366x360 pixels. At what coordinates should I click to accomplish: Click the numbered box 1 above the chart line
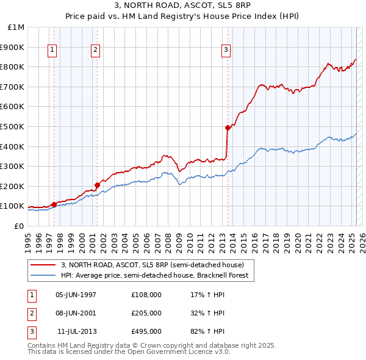tap(52, 51)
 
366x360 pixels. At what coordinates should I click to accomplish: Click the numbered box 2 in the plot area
tap(96, 51)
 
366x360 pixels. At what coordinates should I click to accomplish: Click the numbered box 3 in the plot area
tap(226, 51)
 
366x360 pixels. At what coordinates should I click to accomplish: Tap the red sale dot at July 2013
tap(228, 128)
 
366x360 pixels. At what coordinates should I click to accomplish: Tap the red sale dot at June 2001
tap(97, 185)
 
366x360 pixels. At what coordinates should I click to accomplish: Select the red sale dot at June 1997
tap(54, 204)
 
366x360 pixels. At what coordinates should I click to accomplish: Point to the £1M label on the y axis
tap(16, 27)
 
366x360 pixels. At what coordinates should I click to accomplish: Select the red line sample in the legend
tap(43, 265)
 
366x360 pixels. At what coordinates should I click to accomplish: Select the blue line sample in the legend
tap(43, 275)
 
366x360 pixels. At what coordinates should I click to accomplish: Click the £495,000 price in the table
tap(146, 331)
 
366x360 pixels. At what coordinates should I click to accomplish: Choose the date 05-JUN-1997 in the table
tap(76, 295)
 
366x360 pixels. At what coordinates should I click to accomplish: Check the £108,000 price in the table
tap(146, 295)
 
